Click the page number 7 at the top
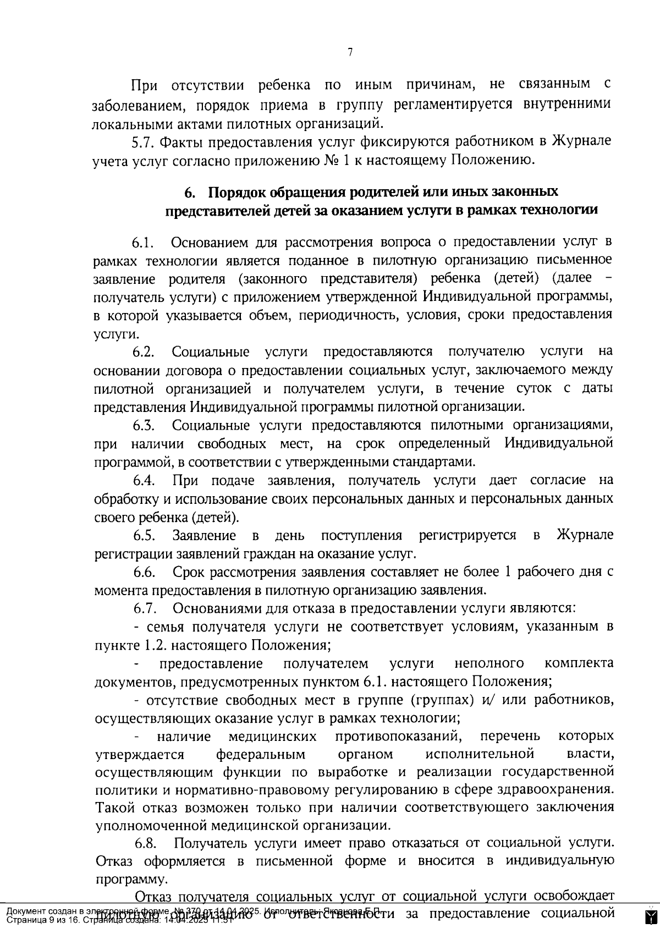[x=350, y=52]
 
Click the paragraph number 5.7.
[x=143, y=141]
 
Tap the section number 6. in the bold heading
[x=190, y=192]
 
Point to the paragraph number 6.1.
[x=143, y=243]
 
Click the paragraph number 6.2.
[x=144, y=352]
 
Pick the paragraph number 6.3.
[x=144, y=425]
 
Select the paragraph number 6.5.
[x=144, y=535]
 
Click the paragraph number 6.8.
[x=146, y=843]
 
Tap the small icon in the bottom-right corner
[x=652, y=917]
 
